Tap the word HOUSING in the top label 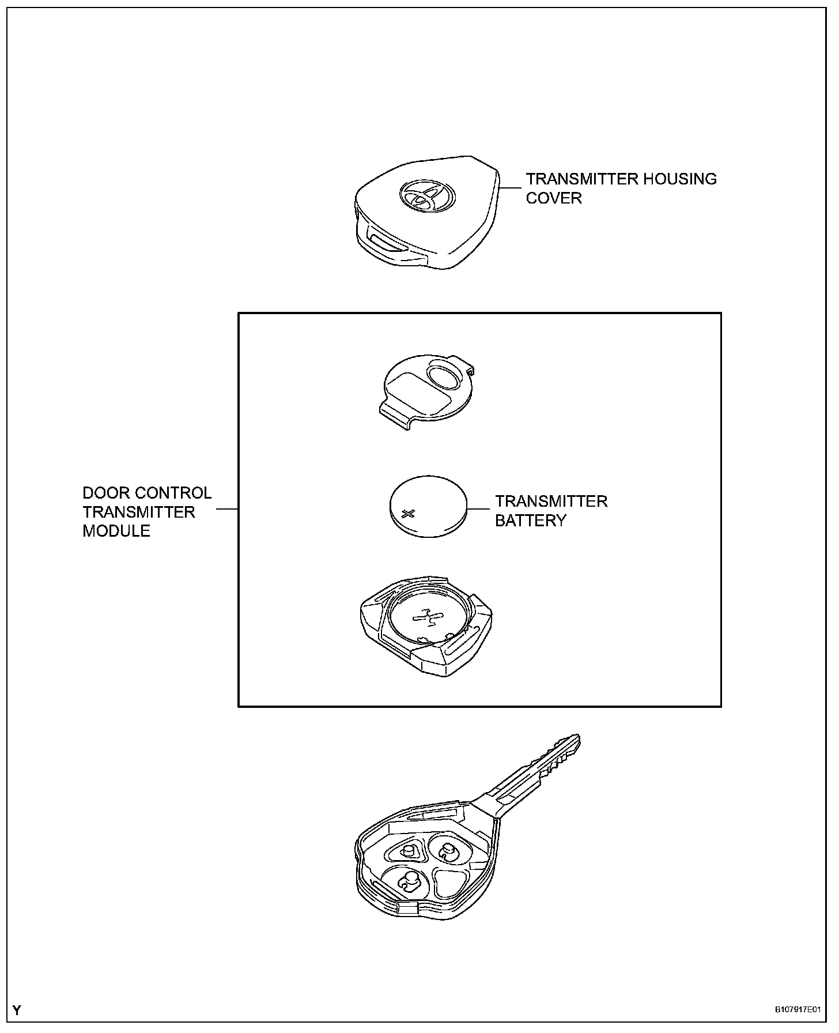tap(680, 179)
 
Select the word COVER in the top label tap(554, 198)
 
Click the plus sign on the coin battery tap(409, 513)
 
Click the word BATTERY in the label tap(530, 521)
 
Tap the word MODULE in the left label tap(116, 531)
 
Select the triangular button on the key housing tap(452, 885)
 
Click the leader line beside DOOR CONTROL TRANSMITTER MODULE tap(227, 510)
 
